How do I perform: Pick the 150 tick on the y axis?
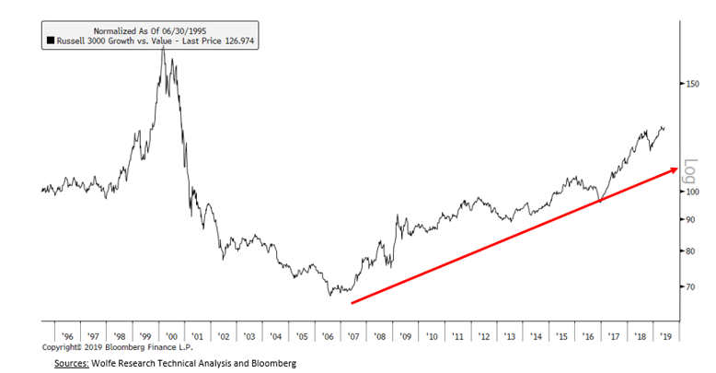[692, 85]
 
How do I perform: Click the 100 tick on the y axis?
[692, 192]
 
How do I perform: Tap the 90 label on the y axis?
[690, 219]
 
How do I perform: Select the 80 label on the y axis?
[690, 251]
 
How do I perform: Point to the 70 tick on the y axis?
[690, 287]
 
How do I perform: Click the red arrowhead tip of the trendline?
[679, 167]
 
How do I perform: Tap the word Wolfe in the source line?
[115, 364]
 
